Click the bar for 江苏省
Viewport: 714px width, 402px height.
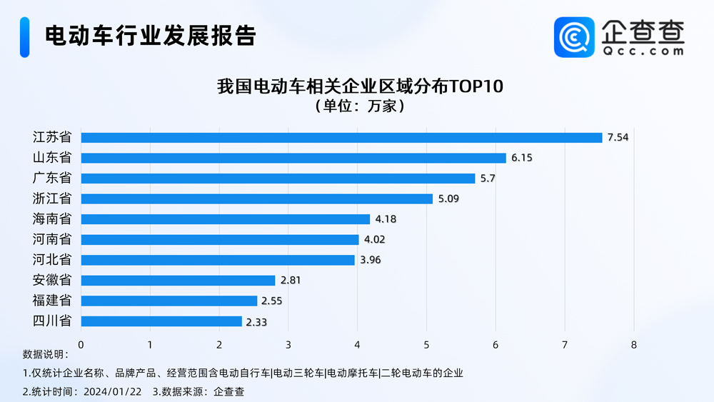(x=341, y=138)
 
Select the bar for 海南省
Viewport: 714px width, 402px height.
(x=226, y=219)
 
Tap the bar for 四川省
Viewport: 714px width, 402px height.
(x=161, y=321)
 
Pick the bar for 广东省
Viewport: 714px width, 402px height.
(x=278, y=179)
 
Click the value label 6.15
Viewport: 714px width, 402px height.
(x=521, y=158)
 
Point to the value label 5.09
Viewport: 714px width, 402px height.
(x=448, y=199)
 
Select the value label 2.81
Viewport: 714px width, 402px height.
(x=291, y=281)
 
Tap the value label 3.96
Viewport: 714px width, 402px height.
(x=370, y=260)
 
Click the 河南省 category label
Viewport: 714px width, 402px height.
(x=52, y=239)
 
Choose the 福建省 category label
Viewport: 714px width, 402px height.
(x=52, y=301)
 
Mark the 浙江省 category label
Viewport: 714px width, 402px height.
(x=52, y=199)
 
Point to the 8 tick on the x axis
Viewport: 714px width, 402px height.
(x=634, y=345)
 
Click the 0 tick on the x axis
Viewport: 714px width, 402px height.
(x=81, y=345)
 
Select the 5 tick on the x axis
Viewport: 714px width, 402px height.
(x=426, y=345)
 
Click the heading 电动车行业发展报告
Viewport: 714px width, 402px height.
(x=150, y=36)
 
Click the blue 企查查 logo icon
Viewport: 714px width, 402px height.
(x=574, y=37)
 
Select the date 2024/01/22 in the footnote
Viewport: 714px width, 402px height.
(x=112, y=391)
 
